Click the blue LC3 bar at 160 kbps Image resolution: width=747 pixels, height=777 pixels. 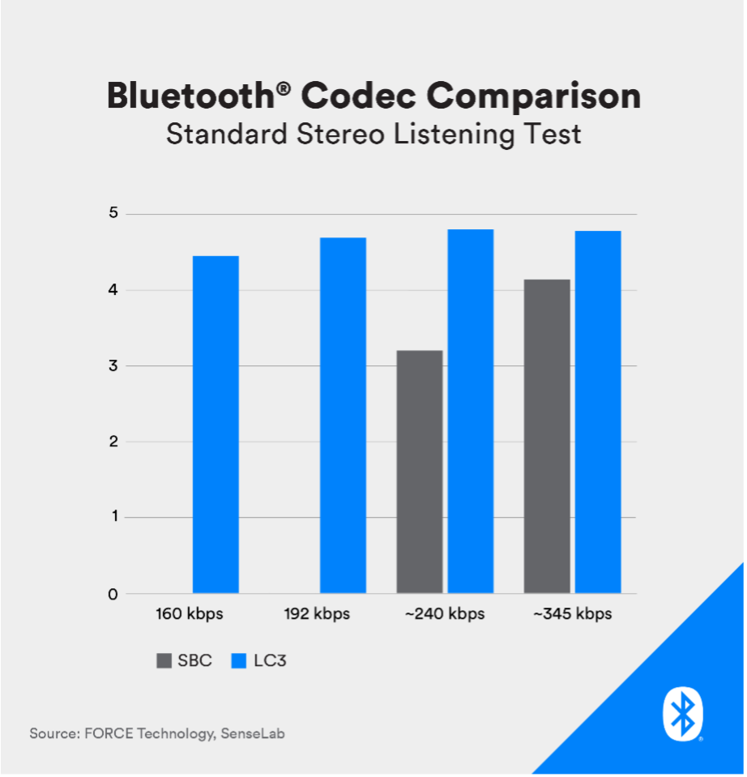coord(216,425)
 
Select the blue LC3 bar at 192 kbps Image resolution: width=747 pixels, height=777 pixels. coord(343,416)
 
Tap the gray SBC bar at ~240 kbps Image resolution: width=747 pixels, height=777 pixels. coord(420,472)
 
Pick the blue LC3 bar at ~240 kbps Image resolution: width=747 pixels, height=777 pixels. coord(471,412)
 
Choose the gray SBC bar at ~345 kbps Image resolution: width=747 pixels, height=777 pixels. coord(547,437)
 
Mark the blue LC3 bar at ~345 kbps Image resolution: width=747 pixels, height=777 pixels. coord(598,412)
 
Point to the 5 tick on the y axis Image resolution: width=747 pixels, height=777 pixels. coord(114,213)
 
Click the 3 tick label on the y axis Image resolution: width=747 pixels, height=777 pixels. coord(114,365)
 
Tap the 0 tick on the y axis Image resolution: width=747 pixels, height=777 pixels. coord(113,594)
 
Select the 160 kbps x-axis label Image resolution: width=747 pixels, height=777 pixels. coord(190,614)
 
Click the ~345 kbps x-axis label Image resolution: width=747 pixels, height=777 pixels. coord(572,614)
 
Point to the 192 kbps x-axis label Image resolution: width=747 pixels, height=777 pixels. coord(317,614)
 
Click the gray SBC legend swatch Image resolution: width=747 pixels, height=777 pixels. coord(164,660)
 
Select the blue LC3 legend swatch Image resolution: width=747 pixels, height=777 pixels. coord(239,660)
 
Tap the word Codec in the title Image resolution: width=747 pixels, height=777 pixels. coord(359,95)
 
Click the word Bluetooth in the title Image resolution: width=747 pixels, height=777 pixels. coord(190,95)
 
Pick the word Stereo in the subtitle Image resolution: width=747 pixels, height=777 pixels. coord(340,134)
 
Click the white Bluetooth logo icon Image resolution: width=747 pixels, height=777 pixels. coord(683,714)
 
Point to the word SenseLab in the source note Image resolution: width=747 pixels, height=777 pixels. coord(253,733)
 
